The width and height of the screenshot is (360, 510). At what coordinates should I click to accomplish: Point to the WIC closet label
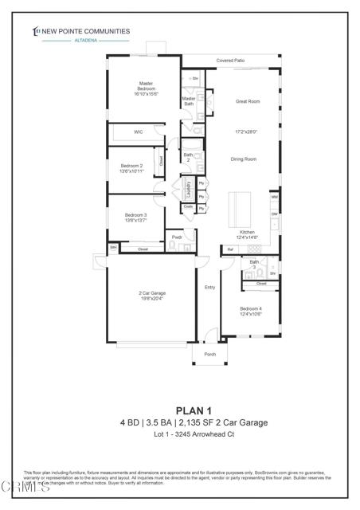[x=138, y=132]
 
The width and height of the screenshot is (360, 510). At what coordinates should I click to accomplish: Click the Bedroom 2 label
[x=131, y=166]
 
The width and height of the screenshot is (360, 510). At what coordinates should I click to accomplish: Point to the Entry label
[x=210, y=287]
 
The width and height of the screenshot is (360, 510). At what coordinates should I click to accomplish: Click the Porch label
[x=210, y=354]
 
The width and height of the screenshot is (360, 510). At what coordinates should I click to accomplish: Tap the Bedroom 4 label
[x=252, y=308]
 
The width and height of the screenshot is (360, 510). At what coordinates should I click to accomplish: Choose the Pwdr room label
[x=177, y=237]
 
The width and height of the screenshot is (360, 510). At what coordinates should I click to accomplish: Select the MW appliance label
[x=274, y=197]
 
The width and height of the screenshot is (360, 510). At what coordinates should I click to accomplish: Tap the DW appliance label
[x=274, y=214]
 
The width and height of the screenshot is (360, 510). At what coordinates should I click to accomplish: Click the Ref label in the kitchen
[x=230, y=250]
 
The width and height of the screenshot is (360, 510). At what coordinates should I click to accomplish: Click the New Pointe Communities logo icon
[x=36, y=31]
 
